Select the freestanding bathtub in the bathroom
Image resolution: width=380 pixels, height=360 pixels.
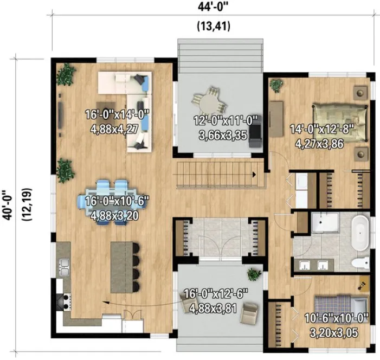pos(360,231)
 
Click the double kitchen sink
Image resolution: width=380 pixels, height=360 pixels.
pos(63,266)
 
